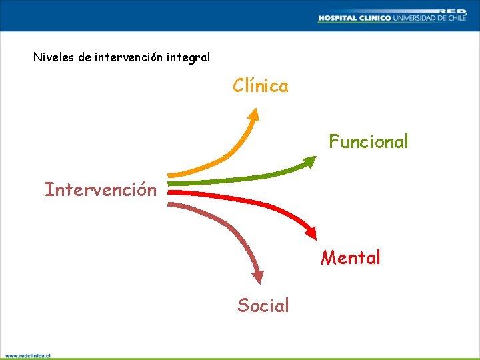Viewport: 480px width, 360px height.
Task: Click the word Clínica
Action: [x=261, y=86]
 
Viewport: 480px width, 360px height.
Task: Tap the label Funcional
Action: [x=369, y=142]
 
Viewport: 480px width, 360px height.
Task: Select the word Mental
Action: [x=351, y=257]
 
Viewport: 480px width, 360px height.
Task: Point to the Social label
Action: [x=263, y=306]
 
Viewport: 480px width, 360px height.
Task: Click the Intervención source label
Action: [x=101, y=190]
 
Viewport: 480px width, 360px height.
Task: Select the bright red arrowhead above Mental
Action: [x=310, y=231]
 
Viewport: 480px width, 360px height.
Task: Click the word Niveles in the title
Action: [x=54, y=57]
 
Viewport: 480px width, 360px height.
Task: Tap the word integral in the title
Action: [x=188, y=57]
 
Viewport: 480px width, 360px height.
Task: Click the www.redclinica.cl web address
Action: [x=28, y=356]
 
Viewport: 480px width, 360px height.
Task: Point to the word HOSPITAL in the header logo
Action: [x=337, y=18]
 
